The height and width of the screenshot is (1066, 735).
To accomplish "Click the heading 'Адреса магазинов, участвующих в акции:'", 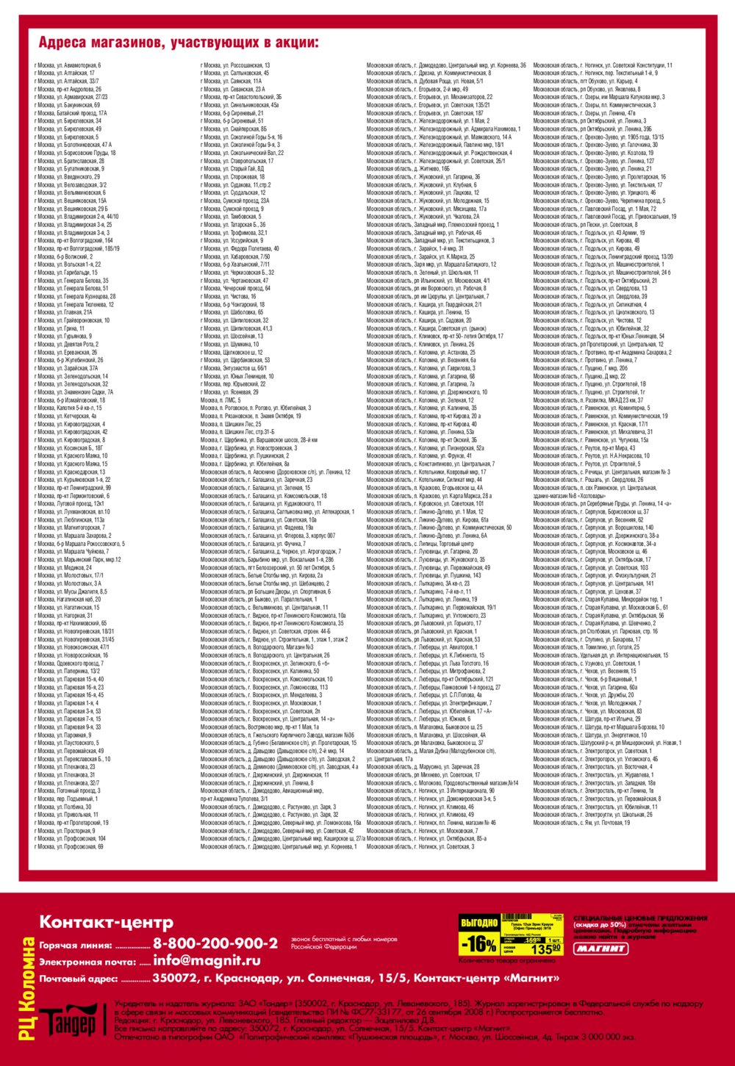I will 179,43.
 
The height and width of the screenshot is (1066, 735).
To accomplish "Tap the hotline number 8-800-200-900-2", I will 215,943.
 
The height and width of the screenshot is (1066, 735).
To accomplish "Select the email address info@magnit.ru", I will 207,960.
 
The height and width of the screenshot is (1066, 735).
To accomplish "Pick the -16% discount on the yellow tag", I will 478,943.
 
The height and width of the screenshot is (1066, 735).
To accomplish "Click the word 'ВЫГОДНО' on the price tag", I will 479,923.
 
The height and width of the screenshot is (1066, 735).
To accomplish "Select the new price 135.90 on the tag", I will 545,948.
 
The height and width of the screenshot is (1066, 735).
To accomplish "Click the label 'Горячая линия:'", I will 76,946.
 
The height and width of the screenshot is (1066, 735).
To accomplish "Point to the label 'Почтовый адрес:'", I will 79,979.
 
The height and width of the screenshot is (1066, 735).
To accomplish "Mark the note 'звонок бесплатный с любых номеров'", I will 344,939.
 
